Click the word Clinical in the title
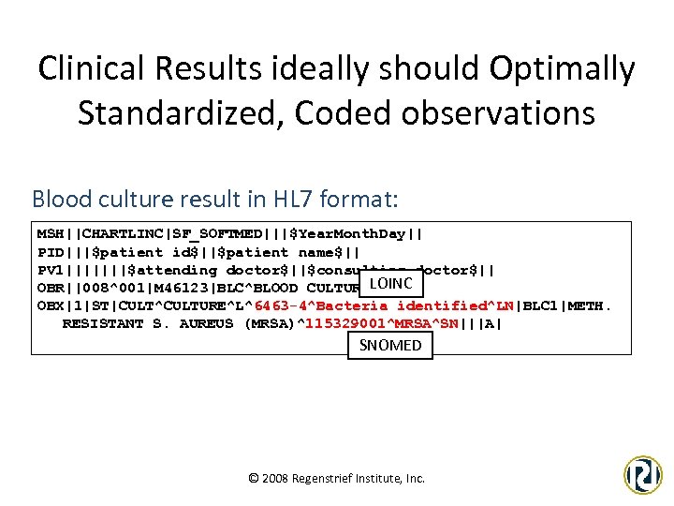[x=109, y=68]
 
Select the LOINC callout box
[x=391, y=283]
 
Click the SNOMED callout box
[x=390, y=345]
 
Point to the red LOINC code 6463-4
[x=284, y=305]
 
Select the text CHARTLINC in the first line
[x=121, y=233]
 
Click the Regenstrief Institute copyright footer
[x=336, y=478]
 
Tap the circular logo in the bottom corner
[x=643, y=474]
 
